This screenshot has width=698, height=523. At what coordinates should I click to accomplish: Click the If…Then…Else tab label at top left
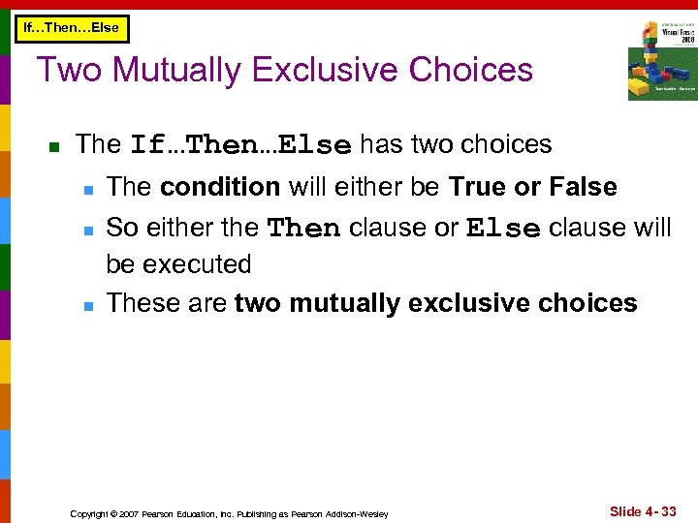pyautogui.click(x=71, y=27)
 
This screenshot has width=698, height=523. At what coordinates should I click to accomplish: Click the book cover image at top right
pyautogui.click(x=661, y=60)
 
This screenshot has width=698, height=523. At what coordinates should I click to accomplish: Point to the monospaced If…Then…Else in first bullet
pyautogui.click(x=240, y=146)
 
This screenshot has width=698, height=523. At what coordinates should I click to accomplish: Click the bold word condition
pyautogui.click(x=220, y=186)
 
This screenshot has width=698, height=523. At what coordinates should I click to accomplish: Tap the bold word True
pyautogui.click(x=478, y=186)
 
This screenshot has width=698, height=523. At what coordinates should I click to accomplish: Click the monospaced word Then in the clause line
pyautogui.click(x=303, y=229)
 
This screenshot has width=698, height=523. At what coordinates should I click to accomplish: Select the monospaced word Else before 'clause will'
pyautogui.click(x=503, y=229)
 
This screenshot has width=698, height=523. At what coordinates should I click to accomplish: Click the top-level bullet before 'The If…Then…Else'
pyautogui.click(x=54, y=147)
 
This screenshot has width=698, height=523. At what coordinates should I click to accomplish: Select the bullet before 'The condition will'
pyautogui.click(x=86, y=188)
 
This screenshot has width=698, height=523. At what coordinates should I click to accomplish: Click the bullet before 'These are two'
pyautogui.click(x=86, y=305)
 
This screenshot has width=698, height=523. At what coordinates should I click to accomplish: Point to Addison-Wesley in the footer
pyautogui.click(x=358, y=513)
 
